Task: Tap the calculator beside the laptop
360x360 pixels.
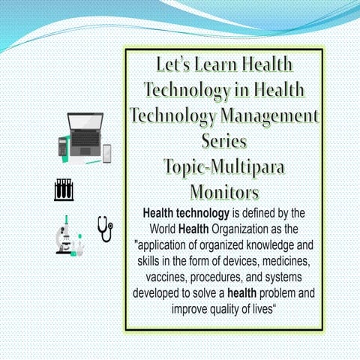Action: pos(62,146)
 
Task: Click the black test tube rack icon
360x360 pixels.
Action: pos(65,189)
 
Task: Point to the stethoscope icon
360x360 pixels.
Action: pos(104,228)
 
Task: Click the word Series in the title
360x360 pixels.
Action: pos(224,140)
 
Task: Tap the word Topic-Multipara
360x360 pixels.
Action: pos(224,165)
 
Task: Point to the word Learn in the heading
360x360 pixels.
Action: pos(212,64)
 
